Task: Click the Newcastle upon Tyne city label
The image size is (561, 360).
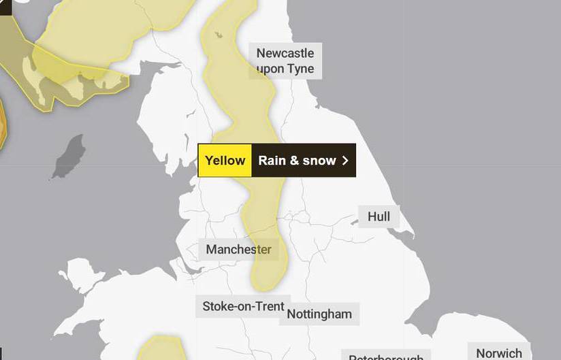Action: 285,61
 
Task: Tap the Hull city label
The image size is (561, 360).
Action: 379,216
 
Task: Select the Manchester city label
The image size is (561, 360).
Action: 238,250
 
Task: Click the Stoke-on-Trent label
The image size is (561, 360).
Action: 243,306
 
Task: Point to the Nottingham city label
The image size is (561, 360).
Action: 319,314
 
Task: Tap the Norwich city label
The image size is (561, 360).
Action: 499,353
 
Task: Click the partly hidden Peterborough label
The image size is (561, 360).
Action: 385,356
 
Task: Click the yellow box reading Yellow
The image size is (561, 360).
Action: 225,161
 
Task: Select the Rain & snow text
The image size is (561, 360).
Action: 297,161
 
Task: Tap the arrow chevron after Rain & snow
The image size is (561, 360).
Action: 345,161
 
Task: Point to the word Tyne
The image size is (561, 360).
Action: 300,69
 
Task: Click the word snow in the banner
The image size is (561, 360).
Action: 320,161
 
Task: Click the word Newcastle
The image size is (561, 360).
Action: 285,53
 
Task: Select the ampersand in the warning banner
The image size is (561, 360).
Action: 294,161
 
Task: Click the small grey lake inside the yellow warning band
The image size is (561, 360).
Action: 218,34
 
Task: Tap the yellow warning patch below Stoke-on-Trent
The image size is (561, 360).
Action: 160,348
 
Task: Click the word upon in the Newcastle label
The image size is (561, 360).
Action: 271,69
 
